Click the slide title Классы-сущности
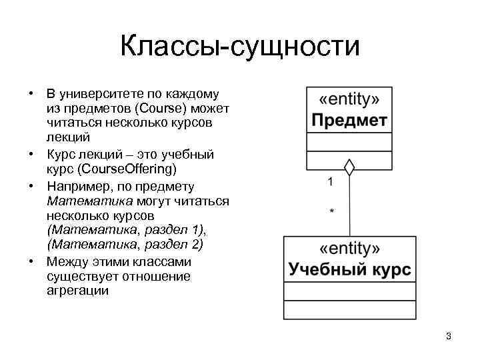tap(240, 47)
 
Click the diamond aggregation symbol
tap(348, 167)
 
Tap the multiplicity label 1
tap(331, 181)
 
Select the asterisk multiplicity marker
tap(333, 211)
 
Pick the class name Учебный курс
tap(349, 270)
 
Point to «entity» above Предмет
tap(349, 100)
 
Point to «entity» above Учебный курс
tap(349, 249)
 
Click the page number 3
tap(449, 336)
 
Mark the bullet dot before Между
tap(31, 261)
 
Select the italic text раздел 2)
tap(173, 245)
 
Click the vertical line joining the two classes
tap(349, 207)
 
